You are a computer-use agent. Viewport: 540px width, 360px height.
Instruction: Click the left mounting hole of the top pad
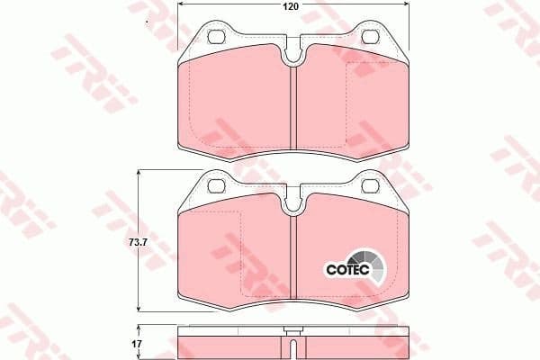[216, 38]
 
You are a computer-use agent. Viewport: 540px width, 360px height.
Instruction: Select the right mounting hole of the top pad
[371, 38]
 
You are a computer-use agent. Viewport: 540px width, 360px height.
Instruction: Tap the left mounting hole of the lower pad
[216, 186]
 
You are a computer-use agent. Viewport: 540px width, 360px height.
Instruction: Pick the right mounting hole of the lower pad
[371, 186]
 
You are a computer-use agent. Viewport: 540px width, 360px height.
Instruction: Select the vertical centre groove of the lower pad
[294, 261]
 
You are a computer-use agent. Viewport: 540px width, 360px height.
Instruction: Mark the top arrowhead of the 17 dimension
[138, 328]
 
